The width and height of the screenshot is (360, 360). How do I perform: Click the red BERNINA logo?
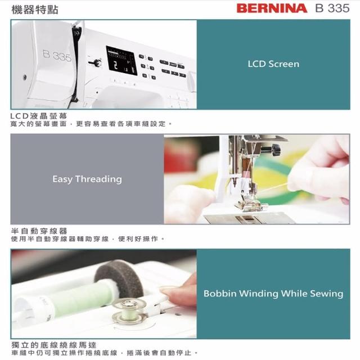(272, 8)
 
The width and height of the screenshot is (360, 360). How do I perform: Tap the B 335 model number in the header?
(332, 8)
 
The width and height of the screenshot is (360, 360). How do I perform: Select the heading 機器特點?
(35, 10)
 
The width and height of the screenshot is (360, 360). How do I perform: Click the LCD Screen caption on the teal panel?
(273, 64)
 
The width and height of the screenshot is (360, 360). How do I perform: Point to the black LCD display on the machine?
(121, 60)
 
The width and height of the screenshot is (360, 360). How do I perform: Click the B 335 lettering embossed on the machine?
(57, 56)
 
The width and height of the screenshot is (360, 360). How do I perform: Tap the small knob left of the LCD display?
(96, 62)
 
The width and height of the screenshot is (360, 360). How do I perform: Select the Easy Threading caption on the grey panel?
(87, 179)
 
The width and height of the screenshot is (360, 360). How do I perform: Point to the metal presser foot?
(249, 204)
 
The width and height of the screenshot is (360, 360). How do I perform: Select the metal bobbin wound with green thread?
(129, 311)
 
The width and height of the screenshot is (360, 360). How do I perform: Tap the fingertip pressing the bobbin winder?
(169, 292)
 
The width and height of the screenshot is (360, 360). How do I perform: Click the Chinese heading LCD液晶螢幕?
(39, 116)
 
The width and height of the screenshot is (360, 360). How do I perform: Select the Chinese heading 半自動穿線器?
(39, 231)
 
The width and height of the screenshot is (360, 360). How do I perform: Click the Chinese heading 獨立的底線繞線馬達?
(54, 345)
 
